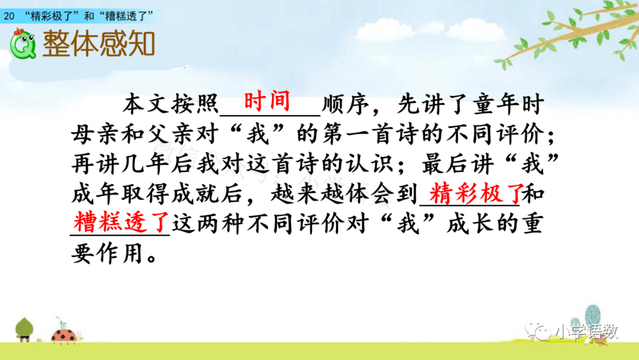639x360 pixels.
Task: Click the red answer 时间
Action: (267, 101)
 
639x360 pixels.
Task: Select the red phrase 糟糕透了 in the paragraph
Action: (121, 222)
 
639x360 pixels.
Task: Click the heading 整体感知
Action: (99, 43)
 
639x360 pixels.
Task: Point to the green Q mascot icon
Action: (23, 44)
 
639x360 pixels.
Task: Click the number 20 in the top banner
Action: (9, 16)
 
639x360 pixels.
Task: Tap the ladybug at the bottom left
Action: (64, 335)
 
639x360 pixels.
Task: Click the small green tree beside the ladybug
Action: (24, 329)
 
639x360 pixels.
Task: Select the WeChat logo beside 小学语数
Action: (537, 330)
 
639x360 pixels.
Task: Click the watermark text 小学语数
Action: (586, 332)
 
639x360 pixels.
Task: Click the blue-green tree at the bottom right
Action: (592, 317)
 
